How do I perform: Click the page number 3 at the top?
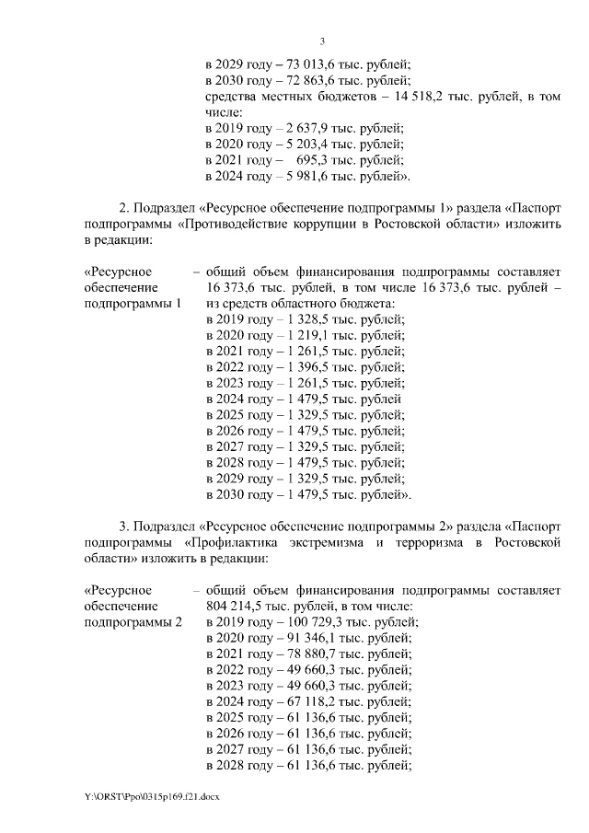coord(322,40)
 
